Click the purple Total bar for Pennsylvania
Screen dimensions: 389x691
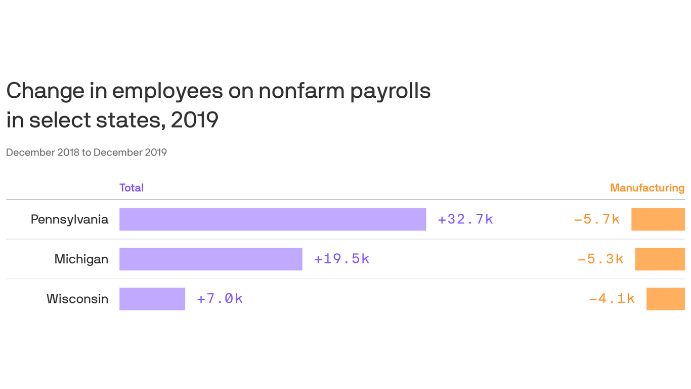(273, 219)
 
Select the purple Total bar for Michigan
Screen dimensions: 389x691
(210, 259)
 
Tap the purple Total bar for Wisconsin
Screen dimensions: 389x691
(152, 299)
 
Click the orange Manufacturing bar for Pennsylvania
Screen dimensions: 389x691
(658, 219)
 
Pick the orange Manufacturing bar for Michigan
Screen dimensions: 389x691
(660, 259)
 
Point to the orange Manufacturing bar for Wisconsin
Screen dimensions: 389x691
(665, 299)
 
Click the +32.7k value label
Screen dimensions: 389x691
(465, 219)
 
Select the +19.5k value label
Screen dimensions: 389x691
(342, 259)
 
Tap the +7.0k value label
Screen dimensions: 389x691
(220, 299)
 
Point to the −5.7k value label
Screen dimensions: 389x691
(597, 219)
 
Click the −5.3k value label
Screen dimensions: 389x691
(600, 259)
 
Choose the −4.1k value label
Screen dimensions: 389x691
(612, 299)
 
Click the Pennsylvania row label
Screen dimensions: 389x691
(70, 219)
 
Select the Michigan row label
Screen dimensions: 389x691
(81, 259)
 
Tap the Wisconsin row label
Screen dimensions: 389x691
(77, 299)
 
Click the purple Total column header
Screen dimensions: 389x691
(132, 188)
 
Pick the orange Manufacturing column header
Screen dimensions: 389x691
(647, 188)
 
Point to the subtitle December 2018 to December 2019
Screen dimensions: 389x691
(87, 152)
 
